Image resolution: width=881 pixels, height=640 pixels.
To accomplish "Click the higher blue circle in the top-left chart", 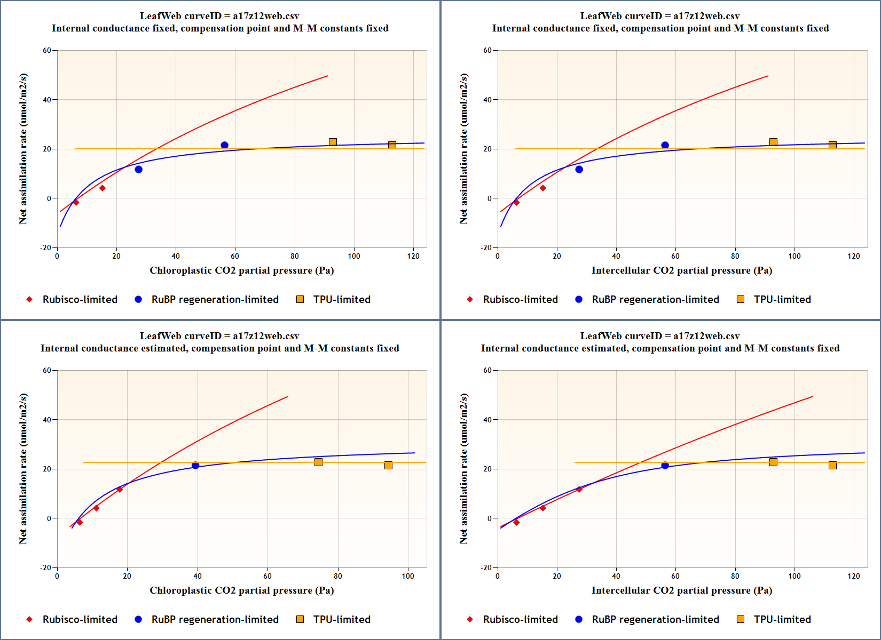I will (224, 145).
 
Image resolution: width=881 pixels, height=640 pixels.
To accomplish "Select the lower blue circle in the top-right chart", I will (579, 170).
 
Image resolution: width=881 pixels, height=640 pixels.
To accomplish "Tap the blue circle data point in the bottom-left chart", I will (195, 466).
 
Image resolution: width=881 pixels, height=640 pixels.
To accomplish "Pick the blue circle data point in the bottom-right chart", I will (665, 466).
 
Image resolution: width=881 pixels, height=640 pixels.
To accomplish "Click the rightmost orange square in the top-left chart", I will (392, 145).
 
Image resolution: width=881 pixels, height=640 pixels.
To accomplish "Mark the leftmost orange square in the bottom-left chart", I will (318, 462).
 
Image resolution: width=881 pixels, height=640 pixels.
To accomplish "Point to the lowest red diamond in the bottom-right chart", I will (516, 522).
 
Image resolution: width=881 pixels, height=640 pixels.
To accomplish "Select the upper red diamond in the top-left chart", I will (103, 188).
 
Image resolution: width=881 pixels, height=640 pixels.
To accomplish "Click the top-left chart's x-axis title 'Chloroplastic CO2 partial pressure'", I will (241, 270).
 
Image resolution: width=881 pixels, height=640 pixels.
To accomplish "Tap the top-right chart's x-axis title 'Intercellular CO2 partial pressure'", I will (681, 270).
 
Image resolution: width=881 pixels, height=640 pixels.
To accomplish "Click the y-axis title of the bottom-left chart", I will (22, 469).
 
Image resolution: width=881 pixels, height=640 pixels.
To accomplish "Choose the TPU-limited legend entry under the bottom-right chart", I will (782, 619).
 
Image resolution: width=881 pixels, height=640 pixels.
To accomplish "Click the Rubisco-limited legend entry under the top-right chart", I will (520, 299).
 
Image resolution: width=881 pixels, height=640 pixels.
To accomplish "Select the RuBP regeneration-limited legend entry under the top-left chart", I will (215, 299).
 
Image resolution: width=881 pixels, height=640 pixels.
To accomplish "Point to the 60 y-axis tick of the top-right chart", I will (487, 51).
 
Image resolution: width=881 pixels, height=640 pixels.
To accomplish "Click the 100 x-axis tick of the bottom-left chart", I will (408, 576).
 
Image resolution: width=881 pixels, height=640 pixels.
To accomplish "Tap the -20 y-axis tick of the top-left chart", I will (46, 247).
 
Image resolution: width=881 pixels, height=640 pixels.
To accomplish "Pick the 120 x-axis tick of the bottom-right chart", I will (854, 576).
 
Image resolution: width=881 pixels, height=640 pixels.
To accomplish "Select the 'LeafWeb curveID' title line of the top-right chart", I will (660, 16).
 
